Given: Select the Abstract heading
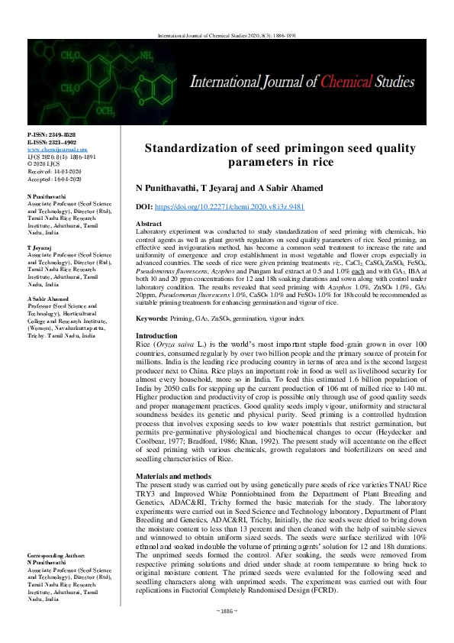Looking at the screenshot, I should (150, 221).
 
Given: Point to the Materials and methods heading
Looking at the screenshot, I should (175, 475).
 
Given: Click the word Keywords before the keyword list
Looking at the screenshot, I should (152, 317).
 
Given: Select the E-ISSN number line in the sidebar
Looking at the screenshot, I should (50, 143).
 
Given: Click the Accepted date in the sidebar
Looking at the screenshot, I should (53, 179).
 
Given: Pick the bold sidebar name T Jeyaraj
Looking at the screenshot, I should (40, 227).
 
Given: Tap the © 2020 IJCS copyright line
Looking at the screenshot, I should (45, 163).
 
